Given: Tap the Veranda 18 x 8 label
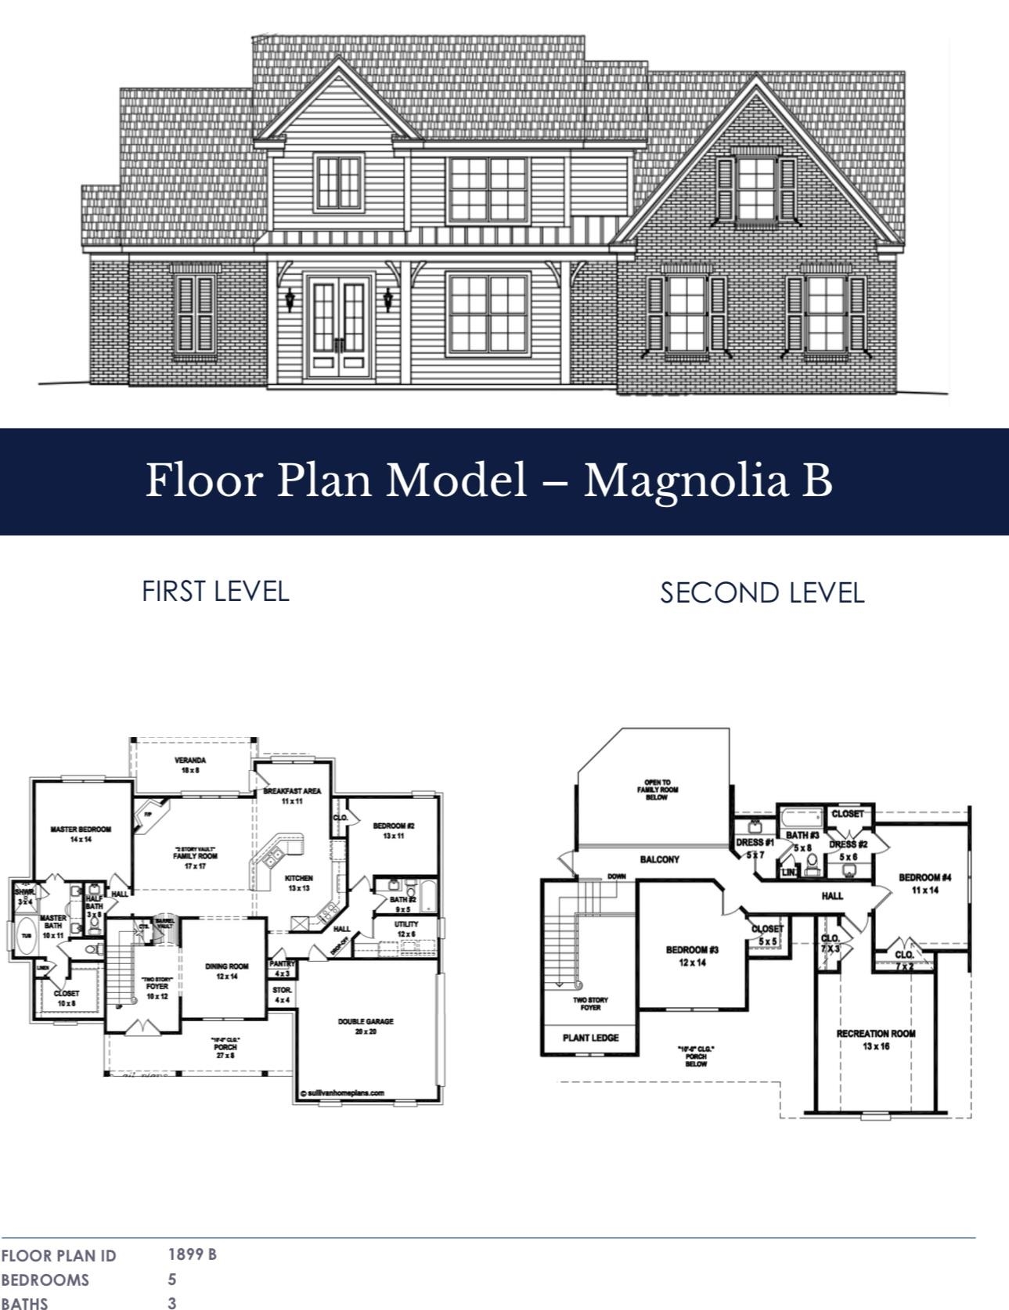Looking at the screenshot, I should coord(190,765).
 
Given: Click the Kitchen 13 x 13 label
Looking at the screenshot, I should coord(299,883).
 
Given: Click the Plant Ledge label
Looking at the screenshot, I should coord(591,1038).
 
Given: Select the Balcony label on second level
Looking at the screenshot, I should coord(659,859).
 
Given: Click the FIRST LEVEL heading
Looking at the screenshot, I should coord(215,591).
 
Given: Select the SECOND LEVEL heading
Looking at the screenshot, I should coord(762,592).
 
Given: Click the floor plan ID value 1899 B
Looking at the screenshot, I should coord(193,1254).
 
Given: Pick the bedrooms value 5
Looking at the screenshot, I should coord(172,1279).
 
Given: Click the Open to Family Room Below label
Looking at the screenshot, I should coord(657,789).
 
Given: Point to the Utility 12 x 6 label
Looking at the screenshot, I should coord(406,929).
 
